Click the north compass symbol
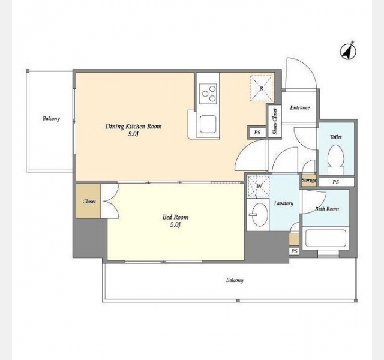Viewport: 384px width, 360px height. (348, 52)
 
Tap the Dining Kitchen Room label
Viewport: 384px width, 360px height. (133, 127)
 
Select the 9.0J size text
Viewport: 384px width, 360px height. (133, 134)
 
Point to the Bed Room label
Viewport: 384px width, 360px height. (175, 217)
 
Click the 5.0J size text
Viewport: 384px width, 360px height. (175, 225)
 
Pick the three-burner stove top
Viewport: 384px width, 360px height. (208, 94)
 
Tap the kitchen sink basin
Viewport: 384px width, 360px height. (208, 124)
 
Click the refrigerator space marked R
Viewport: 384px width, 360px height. (262, 88)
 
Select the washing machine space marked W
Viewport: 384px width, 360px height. (259, 186)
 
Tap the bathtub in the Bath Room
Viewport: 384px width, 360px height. (325, 238)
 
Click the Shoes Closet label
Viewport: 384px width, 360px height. (275, 121)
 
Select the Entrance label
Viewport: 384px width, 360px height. (300, 108)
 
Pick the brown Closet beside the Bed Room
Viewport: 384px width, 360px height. (88, 201)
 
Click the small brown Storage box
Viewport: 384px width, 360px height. (309, 181)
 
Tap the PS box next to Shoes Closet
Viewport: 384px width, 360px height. (257, 133)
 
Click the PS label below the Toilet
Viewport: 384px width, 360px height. (336, 182)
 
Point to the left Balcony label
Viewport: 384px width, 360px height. (51, 119)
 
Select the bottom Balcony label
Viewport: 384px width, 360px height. (235, 280)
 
